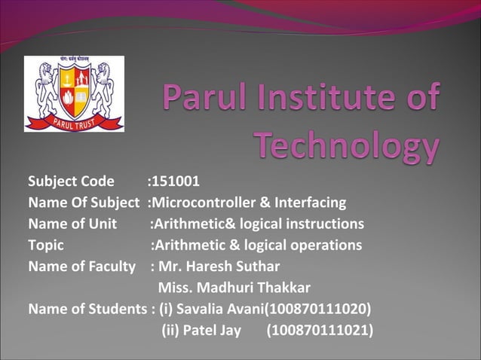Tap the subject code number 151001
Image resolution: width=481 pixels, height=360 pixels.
pyautogui.click(x=176, y=182)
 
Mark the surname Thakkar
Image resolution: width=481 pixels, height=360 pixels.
pyautogui.click(x=283, y=288)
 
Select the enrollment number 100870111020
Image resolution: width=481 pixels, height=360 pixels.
pyautogui.click(x=321, y=309)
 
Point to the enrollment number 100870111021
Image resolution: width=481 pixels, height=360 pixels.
pyautogui.click(x=321, y=330)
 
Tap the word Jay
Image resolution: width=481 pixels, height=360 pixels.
pyautogui.click(x=231, y=330)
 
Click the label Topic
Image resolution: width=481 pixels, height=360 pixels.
pyautogui.click(x=46, y=245)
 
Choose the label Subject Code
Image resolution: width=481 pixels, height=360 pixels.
pyautogui.click(x=72, y=182)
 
